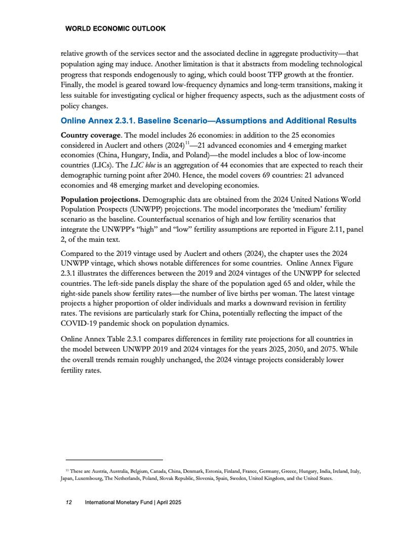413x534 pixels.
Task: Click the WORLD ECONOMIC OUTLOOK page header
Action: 116,28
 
